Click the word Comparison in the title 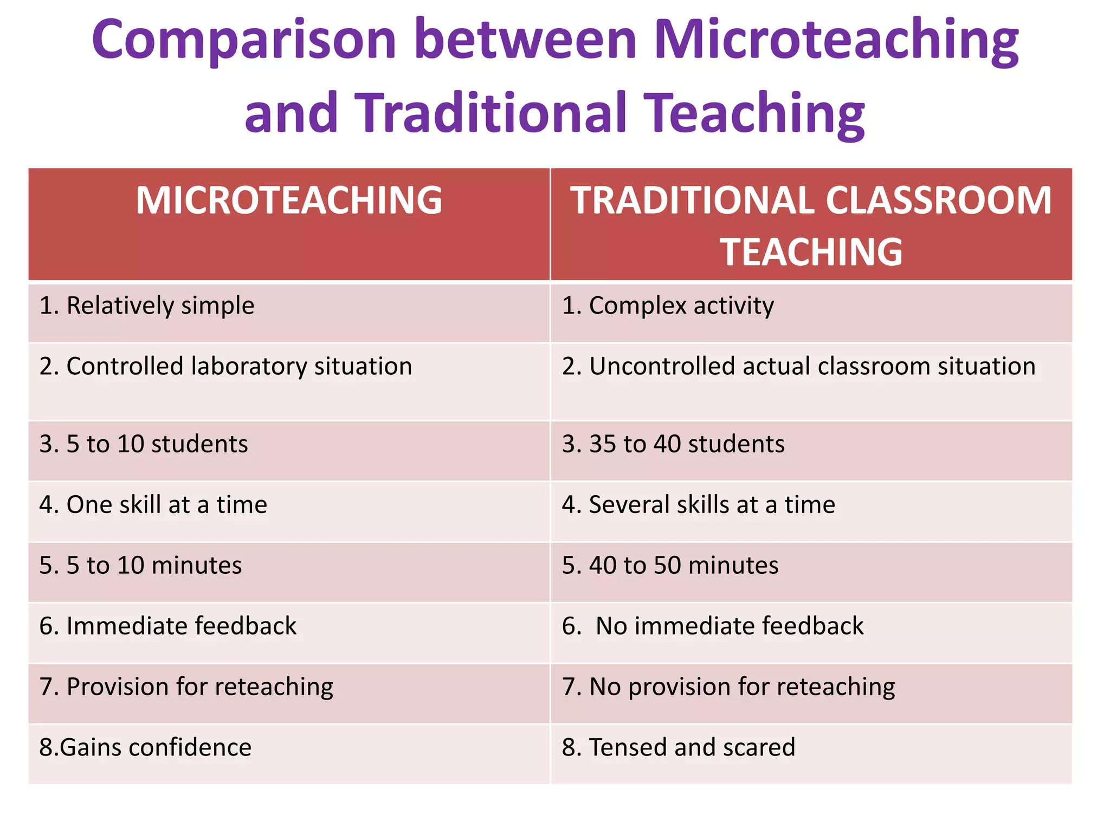tap(244, 41)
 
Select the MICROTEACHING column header tap(289, 201)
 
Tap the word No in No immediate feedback tap(611, 626)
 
